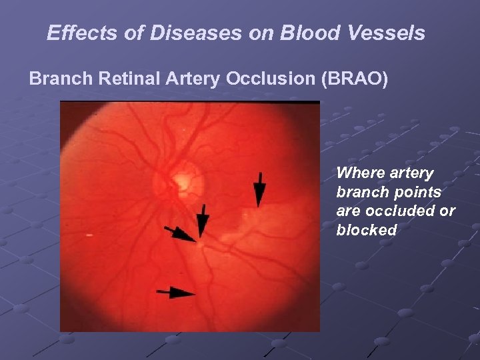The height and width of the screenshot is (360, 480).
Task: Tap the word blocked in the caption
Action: click(367, 231)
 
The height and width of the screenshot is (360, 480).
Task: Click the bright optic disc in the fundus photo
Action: click(181, 180)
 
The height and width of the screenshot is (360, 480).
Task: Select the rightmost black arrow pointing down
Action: click(260, 189)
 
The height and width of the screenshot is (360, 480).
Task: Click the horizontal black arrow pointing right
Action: click(175, 292)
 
